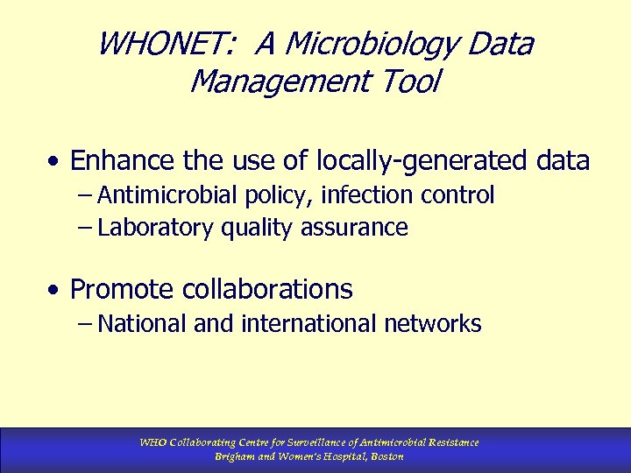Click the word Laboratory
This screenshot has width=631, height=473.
(155, 228)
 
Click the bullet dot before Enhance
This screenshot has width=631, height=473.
(55, 162)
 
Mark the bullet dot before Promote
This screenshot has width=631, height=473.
(55, 290)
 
